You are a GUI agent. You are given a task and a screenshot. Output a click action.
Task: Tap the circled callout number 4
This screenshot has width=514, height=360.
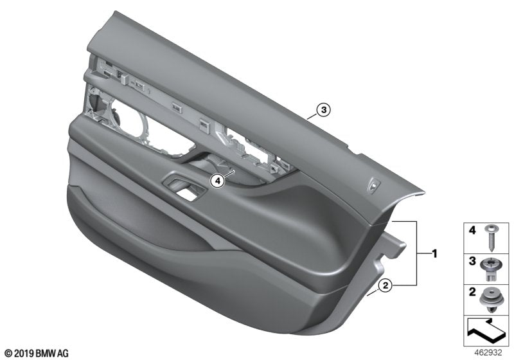pyautogui.click(x=218, y=182)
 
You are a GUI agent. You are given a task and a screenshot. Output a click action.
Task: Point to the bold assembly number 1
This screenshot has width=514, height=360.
pyautogui.click(x=434, y=254)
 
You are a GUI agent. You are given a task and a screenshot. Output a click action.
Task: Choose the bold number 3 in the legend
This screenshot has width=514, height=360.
pyautogui.click(x=472, y=262)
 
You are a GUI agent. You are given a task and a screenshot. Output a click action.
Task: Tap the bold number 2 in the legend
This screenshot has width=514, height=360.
pyautogui.click(x=472, y=293)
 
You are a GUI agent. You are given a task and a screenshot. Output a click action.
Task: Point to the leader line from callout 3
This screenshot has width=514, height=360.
pyautogui.click(x=311, y=116)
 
